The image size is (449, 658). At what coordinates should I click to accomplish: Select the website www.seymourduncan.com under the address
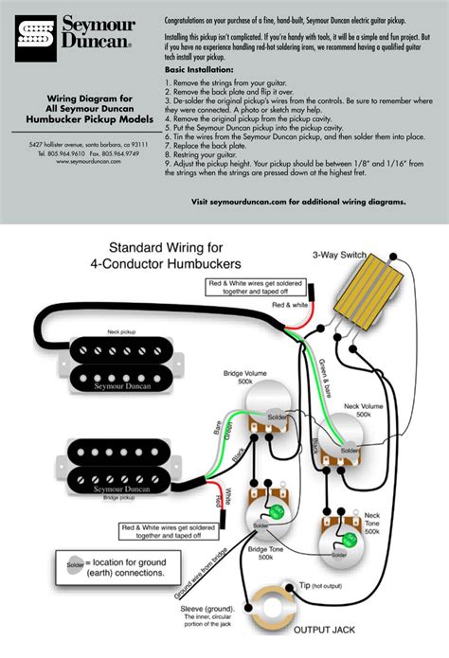[81, 161]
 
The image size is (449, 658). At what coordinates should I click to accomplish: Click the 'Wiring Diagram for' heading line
[81, 98]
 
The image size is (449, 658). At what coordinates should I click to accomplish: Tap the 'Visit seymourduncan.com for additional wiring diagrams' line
[298, 202]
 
